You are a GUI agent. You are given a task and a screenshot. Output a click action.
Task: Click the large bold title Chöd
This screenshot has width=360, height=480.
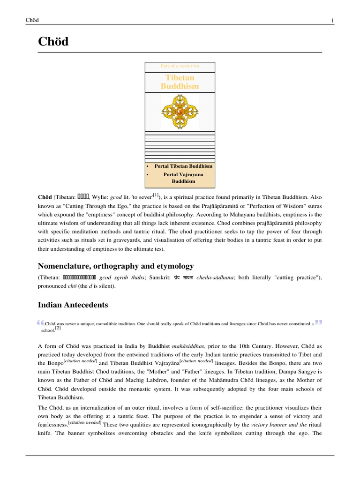53,42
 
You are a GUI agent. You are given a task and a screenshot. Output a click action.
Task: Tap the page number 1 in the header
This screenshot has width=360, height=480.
332,20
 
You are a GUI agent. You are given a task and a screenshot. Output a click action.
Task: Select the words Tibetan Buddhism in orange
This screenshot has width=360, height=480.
180,82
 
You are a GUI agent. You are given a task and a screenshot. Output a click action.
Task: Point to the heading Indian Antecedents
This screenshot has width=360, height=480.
73,305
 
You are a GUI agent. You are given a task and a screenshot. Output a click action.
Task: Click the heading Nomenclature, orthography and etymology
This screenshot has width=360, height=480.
115,266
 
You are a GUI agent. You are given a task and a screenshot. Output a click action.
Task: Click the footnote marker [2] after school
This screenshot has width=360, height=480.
58,329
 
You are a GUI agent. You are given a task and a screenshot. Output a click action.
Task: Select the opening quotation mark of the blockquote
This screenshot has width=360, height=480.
39,322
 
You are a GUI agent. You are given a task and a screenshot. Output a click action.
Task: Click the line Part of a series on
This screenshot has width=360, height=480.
180,66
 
